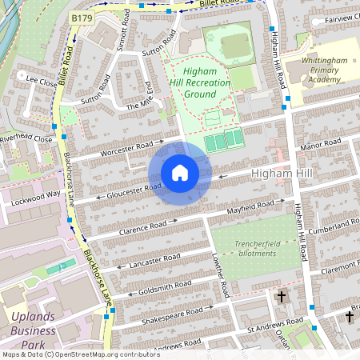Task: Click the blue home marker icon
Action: [180, 173]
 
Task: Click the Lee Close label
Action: [41, 81]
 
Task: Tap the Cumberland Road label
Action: [335, 228]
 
